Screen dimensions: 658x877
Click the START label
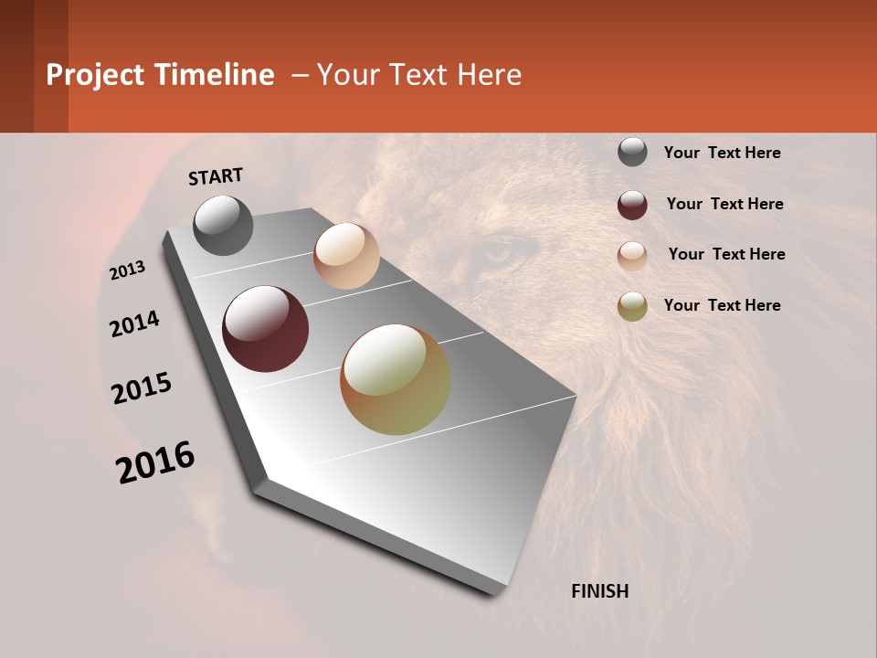point(216,176)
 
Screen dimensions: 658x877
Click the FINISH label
point(599,591)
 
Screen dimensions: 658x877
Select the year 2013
point(128,271)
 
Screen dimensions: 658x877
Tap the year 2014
point(134,324)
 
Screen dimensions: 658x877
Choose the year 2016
point(155,462)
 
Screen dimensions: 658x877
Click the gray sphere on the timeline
point(223,225)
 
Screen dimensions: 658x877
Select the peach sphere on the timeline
point(346,256)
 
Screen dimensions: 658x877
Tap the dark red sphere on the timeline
point(265,329)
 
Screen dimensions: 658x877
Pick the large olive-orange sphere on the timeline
point(396,379)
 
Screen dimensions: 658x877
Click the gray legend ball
point(632,152)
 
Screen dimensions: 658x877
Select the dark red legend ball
point(632,205)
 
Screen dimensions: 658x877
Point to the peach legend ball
point(632,256)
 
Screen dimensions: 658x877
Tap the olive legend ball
point(632,306)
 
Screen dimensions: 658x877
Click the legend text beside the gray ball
point(722,153)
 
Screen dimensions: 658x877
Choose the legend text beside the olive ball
point(722,305)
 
